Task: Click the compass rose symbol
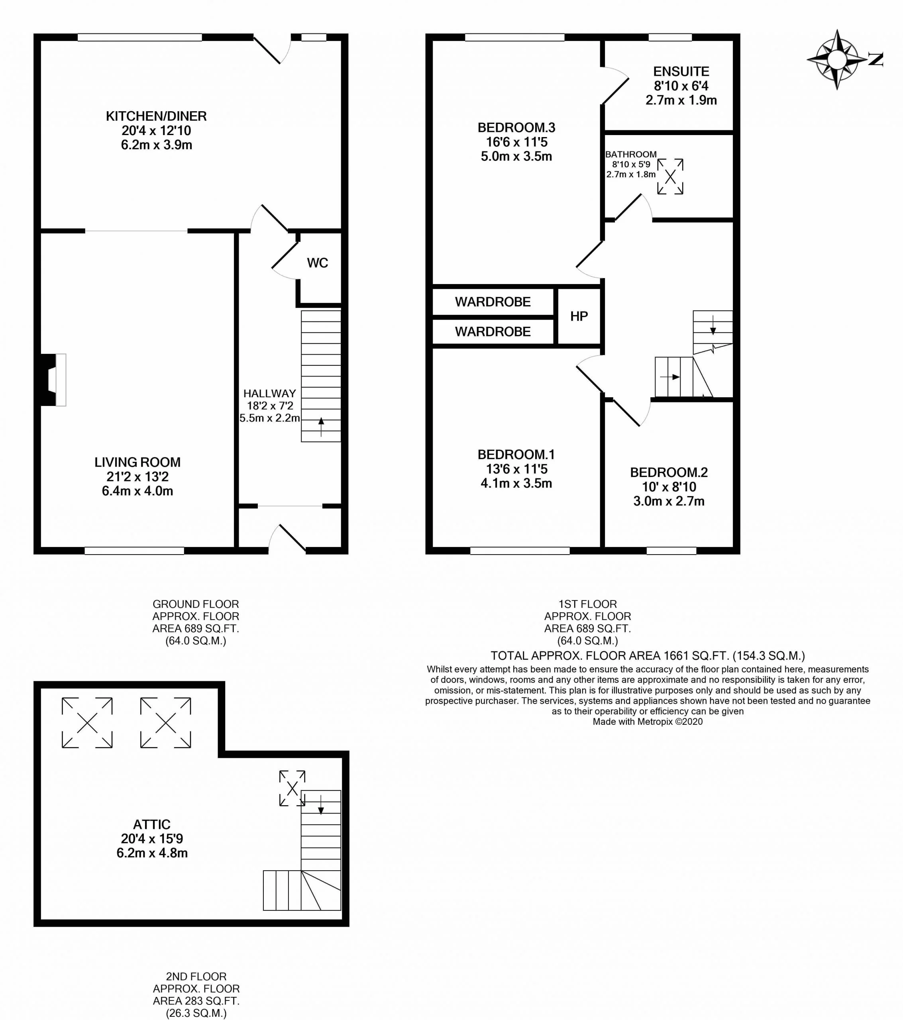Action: coord(837,60)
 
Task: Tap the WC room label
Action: coord(318,263)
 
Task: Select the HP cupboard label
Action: coord(579,316)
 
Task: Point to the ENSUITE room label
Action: coord(681,71)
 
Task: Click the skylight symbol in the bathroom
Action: coord(670,176)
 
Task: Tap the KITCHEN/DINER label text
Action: coord(156,116)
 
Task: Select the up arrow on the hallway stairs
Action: coord(321,427)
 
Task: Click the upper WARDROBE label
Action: coord(493,302)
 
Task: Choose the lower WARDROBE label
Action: coord(493,332)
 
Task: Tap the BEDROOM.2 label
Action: coord(669,473)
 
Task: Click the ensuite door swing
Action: coord(615,85)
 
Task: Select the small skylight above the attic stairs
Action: coord(292,788)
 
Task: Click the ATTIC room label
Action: coord(152,824)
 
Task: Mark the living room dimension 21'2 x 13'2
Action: coord(138,477)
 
